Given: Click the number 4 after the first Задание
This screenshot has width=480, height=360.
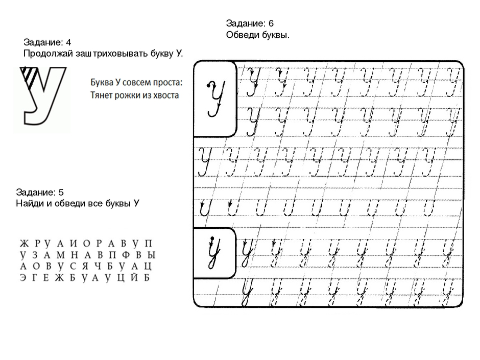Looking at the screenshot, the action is (68, 42).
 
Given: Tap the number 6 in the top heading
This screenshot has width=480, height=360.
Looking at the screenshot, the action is (271, 23).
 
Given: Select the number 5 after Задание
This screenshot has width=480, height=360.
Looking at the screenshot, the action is (61, 192).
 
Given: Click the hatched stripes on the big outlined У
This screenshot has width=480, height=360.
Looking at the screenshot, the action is (29, 76).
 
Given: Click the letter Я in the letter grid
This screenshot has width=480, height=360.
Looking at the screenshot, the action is (85, 267).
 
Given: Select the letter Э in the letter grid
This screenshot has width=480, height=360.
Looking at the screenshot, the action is (23, 278).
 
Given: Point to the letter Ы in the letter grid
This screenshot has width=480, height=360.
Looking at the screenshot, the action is (151, 255).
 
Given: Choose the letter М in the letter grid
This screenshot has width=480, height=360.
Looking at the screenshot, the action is (61, 255).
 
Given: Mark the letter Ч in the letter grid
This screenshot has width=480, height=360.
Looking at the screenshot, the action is (98, 267).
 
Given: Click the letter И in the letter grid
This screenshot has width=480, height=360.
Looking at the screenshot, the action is (74, 244).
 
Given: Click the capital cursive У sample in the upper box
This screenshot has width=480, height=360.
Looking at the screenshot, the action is (215, 99).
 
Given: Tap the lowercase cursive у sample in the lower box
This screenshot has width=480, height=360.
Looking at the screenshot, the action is (214, 252).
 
